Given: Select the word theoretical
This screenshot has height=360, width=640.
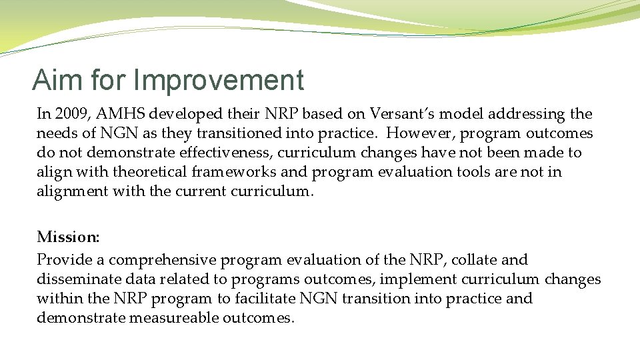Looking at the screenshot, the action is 150,171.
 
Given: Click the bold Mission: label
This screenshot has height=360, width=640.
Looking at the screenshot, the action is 68,237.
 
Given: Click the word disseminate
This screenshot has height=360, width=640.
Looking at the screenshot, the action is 79,279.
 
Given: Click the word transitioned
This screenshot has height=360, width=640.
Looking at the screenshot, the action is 239,133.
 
